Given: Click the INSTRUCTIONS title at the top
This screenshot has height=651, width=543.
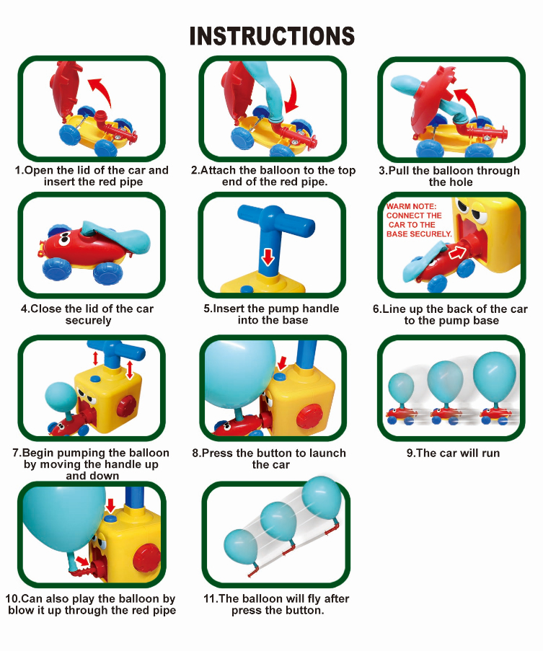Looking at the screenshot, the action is [x=272, y=36].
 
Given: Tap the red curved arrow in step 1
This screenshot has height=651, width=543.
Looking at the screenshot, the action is [x=102, y=90].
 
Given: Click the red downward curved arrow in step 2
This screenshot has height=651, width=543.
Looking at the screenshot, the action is [x=293, y=94].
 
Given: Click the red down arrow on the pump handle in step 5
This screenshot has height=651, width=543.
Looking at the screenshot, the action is [x=268, y=257].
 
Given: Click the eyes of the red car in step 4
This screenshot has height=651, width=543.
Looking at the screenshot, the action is [x=63, y=239].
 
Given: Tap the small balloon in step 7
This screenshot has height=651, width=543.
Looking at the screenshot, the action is [x=61, y=398].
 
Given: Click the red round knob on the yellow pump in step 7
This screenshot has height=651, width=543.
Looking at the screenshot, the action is [x=127, y=407].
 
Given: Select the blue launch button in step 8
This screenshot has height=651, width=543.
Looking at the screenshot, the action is [x=281, y=376].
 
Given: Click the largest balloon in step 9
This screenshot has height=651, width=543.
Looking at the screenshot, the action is [x=495, y=377].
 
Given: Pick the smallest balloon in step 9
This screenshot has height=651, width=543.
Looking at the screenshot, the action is [x=401, y=388].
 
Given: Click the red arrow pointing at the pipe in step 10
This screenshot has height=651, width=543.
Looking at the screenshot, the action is [x=83, y=562].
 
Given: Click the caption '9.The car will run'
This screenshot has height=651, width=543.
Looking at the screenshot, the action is [x=453, y=453].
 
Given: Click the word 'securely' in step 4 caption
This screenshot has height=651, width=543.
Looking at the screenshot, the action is [x=88, y=321].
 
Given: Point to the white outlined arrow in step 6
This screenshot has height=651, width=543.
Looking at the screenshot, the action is [x=456, y=252].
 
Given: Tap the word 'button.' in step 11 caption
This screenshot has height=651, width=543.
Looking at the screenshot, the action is [x=304, y=611].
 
